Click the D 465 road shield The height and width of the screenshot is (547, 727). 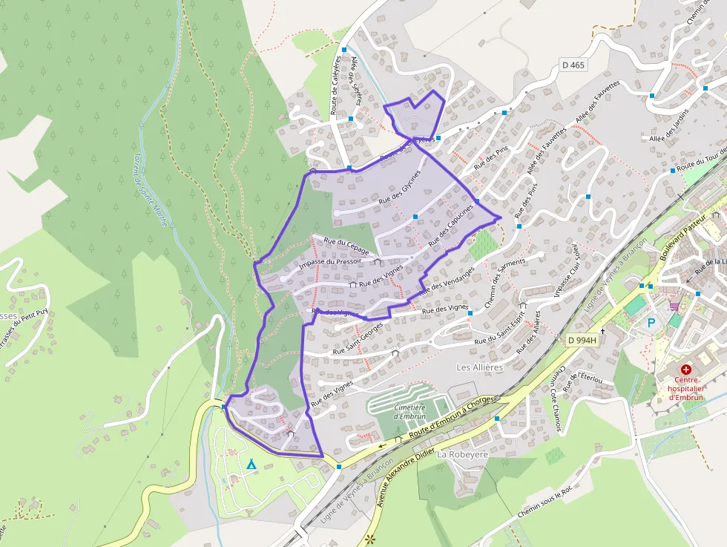coord(573,65)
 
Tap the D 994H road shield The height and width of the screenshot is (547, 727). coord(582,340)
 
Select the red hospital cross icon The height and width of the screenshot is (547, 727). coord(686,369)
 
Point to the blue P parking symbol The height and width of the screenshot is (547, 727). coord(651,323)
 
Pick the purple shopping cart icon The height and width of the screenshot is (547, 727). coord(674,306)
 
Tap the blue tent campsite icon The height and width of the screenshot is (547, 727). coord(251,465)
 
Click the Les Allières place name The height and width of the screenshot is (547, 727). coord(479,367)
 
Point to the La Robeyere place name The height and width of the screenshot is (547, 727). coord(461,453)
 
